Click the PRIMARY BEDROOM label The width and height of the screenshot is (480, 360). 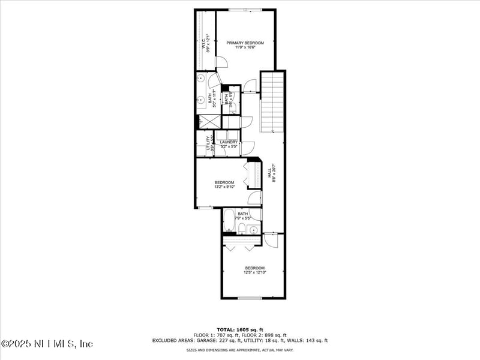point(245,43)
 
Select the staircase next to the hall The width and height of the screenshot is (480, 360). point(272,101)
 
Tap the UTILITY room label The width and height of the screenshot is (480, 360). point(209,143)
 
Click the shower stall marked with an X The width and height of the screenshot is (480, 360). point(209,122)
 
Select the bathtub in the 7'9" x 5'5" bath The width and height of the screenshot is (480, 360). point(229,220)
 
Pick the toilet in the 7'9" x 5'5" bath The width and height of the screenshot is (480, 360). point(242,228)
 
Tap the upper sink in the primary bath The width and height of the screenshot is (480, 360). point(200,78)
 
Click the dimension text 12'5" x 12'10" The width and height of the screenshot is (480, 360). point(254,272)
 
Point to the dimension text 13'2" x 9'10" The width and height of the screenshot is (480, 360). point(224,187)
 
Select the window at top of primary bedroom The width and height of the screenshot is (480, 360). point(245,10)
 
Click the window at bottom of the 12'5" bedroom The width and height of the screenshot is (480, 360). point(250,298)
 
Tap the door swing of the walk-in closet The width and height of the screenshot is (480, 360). point(221,62)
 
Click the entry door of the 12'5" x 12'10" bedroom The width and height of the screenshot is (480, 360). point(271,239)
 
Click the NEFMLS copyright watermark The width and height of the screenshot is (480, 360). point(47,344)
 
